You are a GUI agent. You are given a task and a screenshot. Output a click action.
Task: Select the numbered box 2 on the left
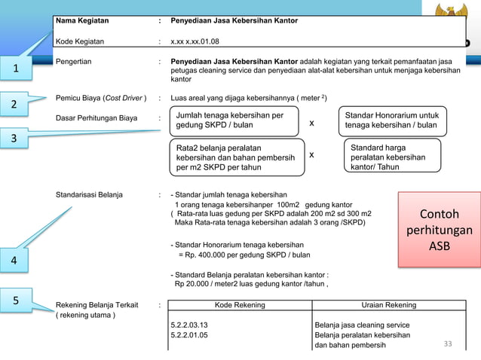tap(15, 103)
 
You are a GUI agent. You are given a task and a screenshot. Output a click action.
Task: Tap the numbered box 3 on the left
tap(15, 140)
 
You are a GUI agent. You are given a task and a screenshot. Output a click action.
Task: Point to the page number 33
tap(448, 345)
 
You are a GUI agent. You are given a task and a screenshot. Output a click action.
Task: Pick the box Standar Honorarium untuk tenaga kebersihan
tap(392, 121)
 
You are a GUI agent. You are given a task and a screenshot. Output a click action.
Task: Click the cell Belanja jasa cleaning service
tap(362, 325)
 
